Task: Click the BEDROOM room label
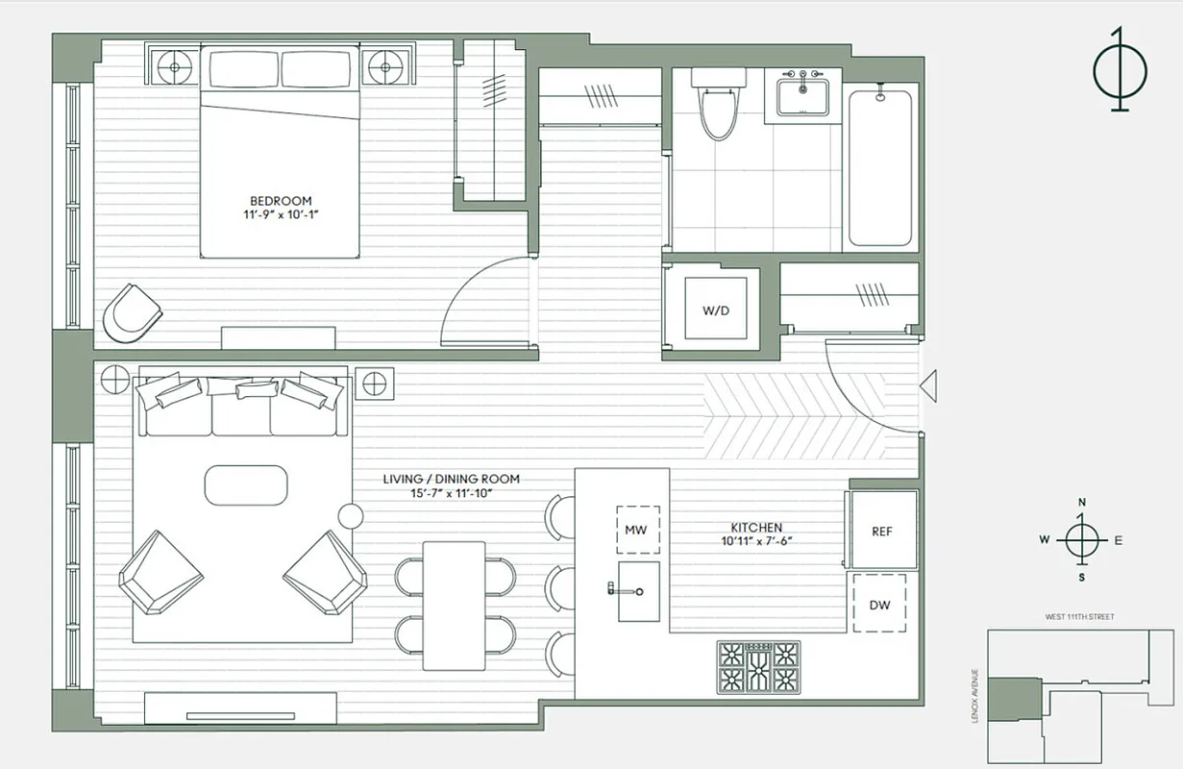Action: (280, 201)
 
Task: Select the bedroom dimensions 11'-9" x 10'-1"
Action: (280, 215)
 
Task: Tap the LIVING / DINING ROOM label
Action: (451, 479)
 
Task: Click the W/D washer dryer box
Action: (714, 311)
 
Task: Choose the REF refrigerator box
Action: (882, 532)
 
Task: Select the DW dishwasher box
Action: (880, 605)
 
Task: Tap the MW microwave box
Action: (636, 530)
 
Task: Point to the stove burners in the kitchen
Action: (759, 667)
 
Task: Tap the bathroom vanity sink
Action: (801, 97)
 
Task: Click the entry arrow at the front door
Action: (927, 386)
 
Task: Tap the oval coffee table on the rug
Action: (246, 485)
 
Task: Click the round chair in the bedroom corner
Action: (131, 312)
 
